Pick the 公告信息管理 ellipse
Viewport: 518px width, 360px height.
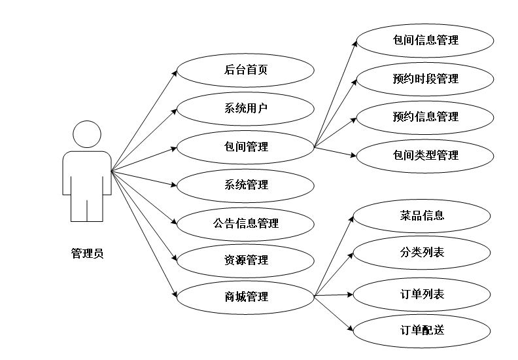[245, 223]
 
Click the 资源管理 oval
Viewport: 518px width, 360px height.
[245, 261]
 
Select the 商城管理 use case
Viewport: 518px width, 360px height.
[245, 297]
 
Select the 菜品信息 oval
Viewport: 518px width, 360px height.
[422, 215]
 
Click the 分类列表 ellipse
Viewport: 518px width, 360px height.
[422, 252]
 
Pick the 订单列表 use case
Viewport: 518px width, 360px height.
[422, 294]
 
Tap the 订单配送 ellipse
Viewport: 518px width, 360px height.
[422, 330]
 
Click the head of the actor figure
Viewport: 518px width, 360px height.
[87, 134]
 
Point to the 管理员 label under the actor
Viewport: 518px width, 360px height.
[87, 253]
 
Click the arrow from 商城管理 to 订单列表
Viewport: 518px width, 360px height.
[334, 295]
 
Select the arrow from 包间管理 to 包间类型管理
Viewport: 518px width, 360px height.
[335, 152]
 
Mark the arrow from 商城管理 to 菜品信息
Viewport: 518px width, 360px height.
[334, 256]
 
